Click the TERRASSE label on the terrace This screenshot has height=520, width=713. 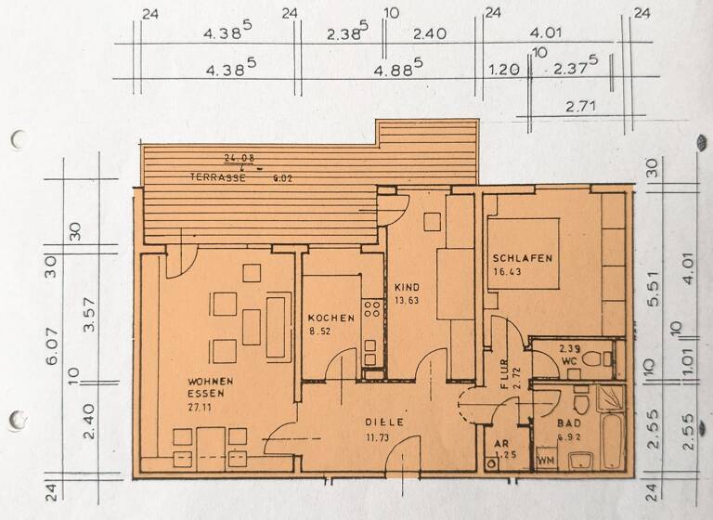coord(218,176)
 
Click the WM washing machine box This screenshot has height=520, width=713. coord(545,459)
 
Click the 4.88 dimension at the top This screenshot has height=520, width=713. coord(402,68)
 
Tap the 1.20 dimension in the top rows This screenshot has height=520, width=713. coord(501,68)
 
